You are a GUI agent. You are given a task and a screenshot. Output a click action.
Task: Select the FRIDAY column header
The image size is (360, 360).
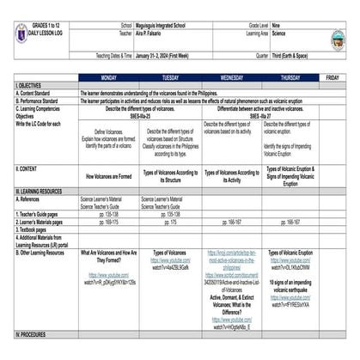tap(333, 77)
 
